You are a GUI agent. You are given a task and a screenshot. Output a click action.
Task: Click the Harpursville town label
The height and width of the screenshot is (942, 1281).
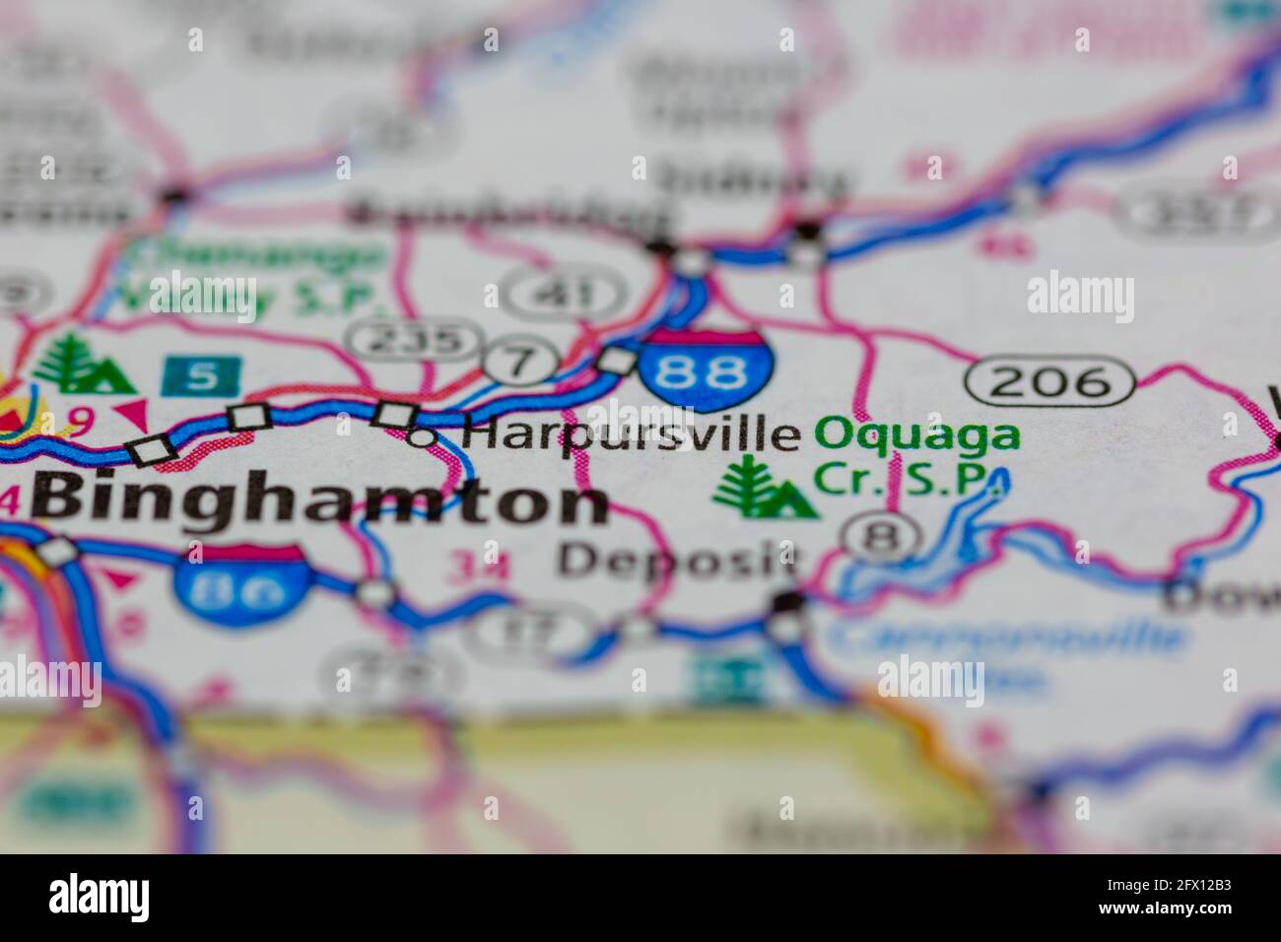point(632,435)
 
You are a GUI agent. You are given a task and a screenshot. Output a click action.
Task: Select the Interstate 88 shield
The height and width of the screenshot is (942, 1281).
point(706,371)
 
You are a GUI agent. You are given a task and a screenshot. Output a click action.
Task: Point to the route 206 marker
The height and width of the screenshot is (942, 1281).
point(1049,380)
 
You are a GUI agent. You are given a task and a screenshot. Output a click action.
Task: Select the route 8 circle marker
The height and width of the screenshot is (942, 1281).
point(882,537)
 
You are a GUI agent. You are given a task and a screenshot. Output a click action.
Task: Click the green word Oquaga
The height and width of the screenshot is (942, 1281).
point(917,435)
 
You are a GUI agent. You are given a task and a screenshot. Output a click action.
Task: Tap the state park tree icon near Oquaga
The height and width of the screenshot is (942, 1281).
point(764,488)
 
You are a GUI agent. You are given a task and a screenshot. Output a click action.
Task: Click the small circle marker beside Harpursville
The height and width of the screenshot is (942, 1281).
point(421,436)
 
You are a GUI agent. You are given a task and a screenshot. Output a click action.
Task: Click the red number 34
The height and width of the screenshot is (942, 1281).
point(479,566)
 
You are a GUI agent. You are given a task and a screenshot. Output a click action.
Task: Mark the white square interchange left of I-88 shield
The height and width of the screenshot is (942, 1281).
point(618,361)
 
